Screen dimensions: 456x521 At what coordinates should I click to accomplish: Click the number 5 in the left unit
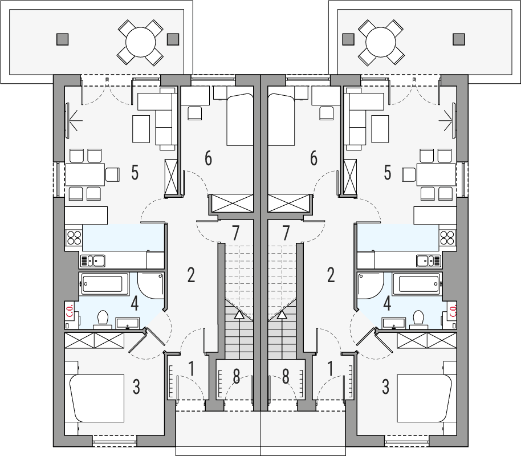tap(135, 173)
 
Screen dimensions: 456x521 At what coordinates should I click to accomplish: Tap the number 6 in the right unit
tap(314, 158)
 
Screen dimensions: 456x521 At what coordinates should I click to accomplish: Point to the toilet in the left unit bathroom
tap(103, 317)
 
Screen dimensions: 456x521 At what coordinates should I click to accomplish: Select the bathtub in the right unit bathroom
tap(419, 283)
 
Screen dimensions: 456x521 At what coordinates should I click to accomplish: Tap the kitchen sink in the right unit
tap(429, 260)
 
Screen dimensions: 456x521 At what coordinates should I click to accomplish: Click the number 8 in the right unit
tap(286, 377)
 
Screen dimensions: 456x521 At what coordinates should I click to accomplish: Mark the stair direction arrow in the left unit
tap(239, 314)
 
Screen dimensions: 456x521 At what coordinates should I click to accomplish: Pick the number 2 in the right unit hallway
tap(331, 275)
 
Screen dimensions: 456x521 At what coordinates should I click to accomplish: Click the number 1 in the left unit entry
tap(192, 369)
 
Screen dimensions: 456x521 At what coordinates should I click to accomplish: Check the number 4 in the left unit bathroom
tap(135, 303)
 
